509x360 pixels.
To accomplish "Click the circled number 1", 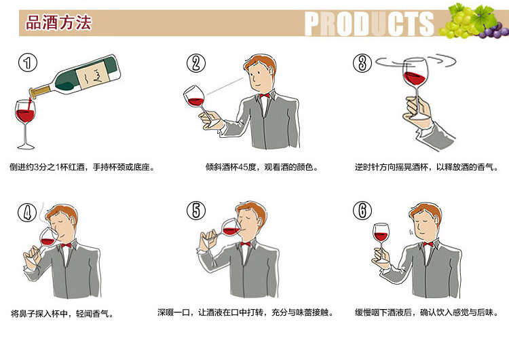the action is [x=28, y=62].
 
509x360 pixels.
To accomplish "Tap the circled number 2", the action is [x=196, y=63].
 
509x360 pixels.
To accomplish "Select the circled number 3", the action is [x=362, y=62].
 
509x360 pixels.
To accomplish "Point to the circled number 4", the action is [x=27, y=213].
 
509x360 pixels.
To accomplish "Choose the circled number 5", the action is [x=196, y=210].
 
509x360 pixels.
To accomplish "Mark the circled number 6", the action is [x=362, y=210].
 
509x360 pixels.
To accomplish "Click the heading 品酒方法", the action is [x=59, y=22].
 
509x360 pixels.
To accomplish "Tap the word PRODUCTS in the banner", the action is [x=369, y=24].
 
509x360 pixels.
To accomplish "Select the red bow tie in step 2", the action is [x=265, y=96].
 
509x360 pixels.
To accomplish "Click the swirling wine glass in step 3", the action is [x=415, y=86].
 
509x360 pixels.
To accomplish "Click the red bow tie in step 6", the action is [x=428, y=244].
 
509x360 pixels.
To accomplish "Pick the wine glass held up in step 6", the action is [x=381, y=242].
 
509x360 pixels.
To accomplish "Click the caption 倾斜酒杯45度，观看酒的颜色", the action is [x=262, y=167].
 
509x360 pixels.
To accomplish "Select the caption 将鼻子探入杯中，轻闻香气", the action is [x=62, y=314].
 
